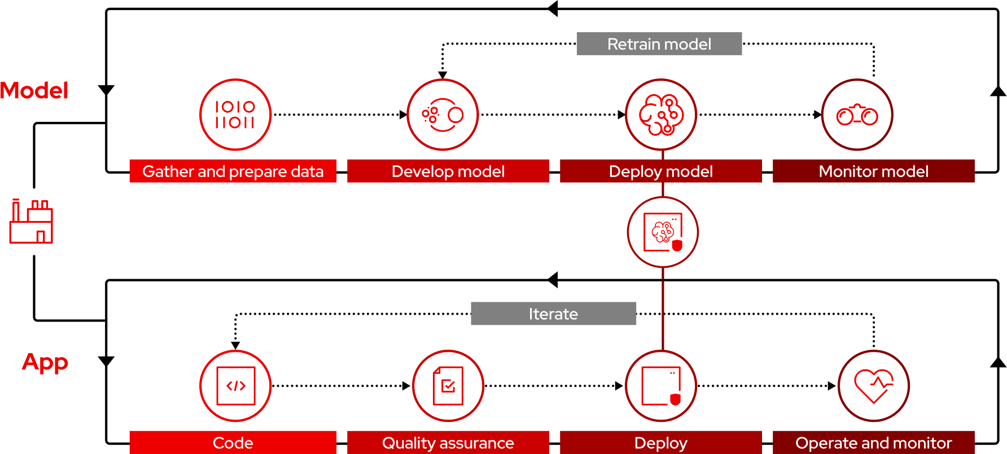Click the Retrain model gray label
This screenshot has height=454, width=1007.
659,44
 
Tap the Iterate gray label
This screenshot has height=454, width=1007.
553,314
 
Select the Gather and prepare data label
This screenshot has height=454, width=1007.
233,171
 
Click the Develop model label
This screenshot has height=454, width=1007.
448,171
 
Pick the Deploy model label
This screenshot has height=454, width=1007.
660,171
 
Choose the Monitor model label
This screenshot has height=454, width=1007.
873,171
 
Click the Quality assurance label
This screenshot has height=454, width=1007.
448,443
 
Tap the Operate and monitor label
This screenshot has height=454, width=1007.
873,443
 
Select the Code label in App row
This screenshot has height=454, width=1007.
233,443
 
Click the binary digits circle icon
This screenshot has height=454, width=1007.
235,114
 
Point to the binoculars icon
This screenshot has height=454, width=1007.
857,115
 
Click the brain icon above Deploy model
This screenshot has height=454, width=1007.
661,114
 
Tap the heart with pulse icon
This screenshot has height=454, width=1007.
873,386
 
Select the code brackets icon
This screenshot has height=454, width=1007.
235,386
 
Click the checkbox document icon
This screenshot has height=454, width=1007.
448,386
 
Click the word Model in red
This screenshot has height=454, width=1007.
34,90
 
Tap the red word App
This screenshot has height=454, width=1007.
45,362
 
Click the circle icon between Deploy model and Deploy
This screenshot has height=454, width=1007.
663,232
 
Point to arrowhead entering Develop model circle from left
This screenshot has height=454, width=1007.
403,114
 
